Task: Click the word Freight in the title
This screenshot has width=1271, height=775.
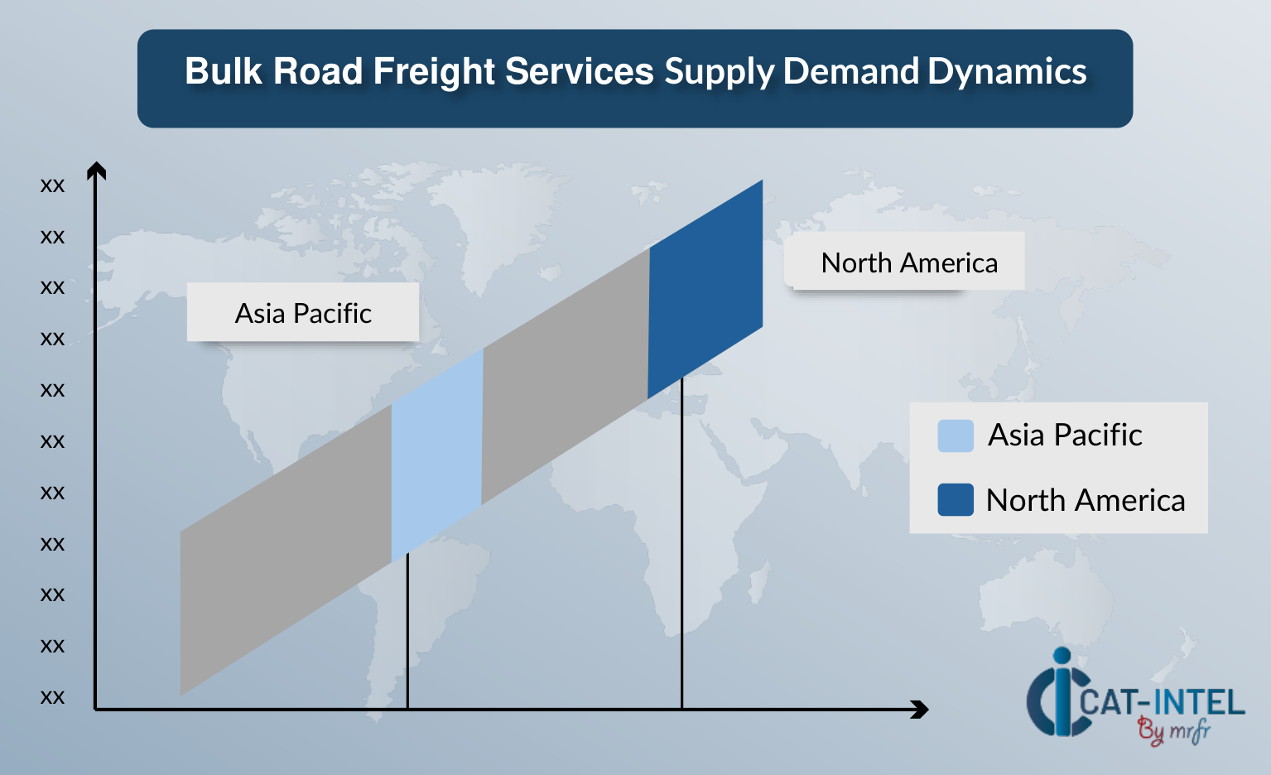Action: (434, 72)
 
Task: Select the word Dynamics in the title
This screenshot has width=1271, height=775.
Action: (1007, 72)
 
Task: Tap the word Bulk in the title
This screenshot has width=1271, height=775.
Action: (224, 71)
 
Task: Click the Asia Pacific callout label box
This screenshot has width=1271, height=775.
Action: (303, 312)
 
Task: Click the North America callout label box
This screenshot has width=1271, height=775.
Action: (904, 261)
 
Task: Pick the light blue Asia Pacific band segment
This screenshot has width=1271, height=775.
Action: (437, 455)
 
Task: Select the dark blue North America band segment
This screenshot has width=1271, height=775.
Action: (705, 289)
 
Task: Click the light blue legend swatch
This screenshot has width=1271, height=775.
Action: (956, 436)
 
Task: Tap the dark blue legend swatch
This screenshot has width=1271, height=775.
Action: (956, 500)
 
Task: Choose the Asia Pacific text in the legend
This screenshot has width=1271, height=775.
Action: (1065, 436)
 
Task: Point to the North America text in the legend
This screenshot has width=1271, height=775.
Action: (1086, 500)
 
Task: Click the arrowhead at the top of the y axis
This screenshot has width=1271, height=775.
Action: (96, 171)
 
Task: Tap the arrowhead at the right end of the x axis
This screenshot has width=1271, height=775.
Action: (920, 710)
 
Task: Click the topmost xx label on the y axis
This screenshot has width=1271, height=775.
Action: (52, 185)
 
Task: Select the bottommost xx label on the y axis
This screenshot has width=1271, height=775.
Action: (52, 697)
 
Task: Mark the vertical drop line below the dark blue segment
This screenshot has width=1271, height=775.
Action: (681, 543)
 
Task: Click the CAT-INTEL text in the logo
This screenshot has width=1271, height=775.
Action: (1162, 703)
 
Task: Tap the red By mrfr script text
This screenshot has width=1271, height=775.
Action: (1174, 731)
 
